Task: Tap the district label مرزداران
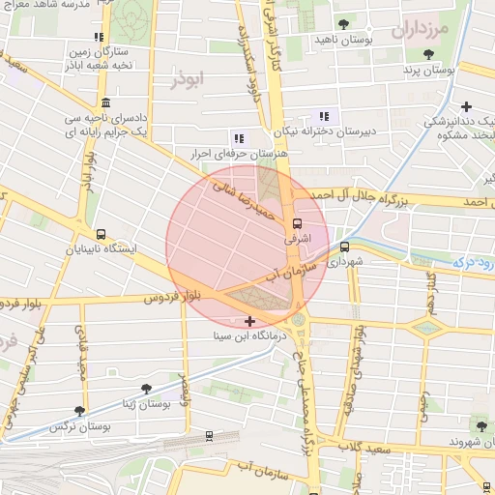click(422, 30)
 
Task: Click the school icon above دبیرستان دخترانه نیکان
click(324, 116)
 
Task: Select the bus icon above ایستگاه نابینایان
click(101, 234)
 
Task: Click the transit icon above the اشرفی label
click(296, 220)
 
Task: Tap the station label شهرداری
click(344, 261)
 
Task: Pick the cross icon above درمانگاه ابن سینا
click(250, 321)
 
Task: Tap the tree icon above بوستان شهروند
click(480, 425)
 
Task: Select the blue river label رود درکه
click(473, 262)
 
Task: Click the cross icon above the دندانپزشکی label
click(467, 106)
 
